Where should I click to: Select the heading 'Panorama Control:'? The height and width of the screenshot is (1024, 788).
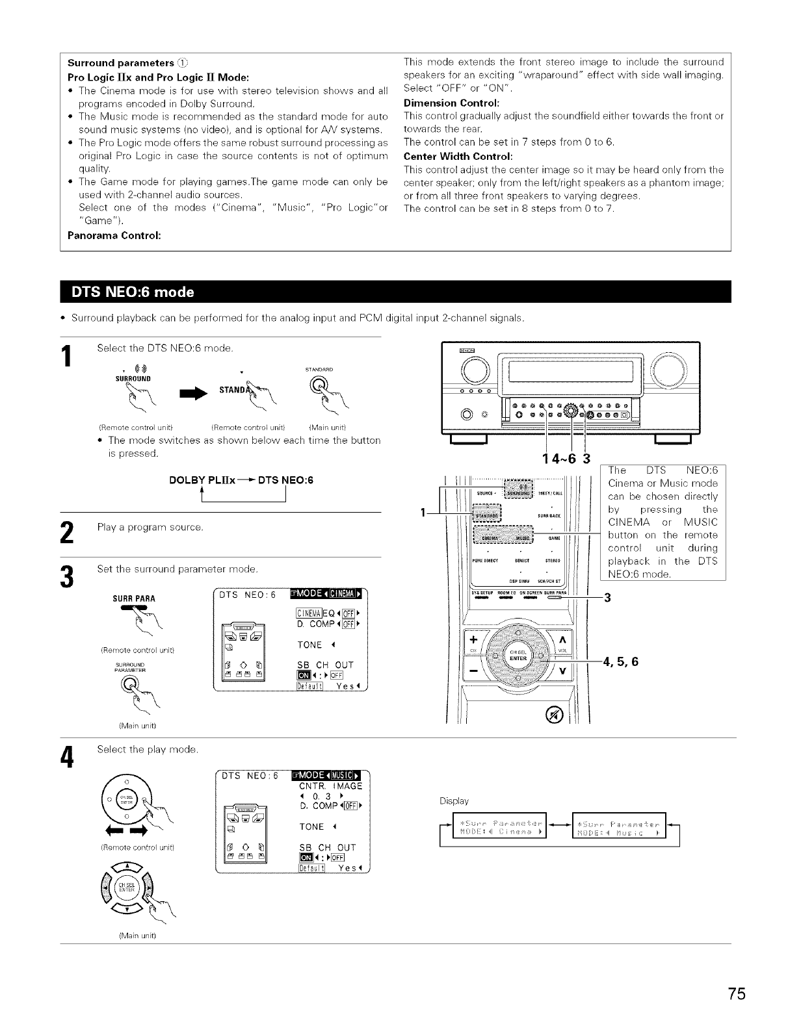[x=111, y=236]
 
